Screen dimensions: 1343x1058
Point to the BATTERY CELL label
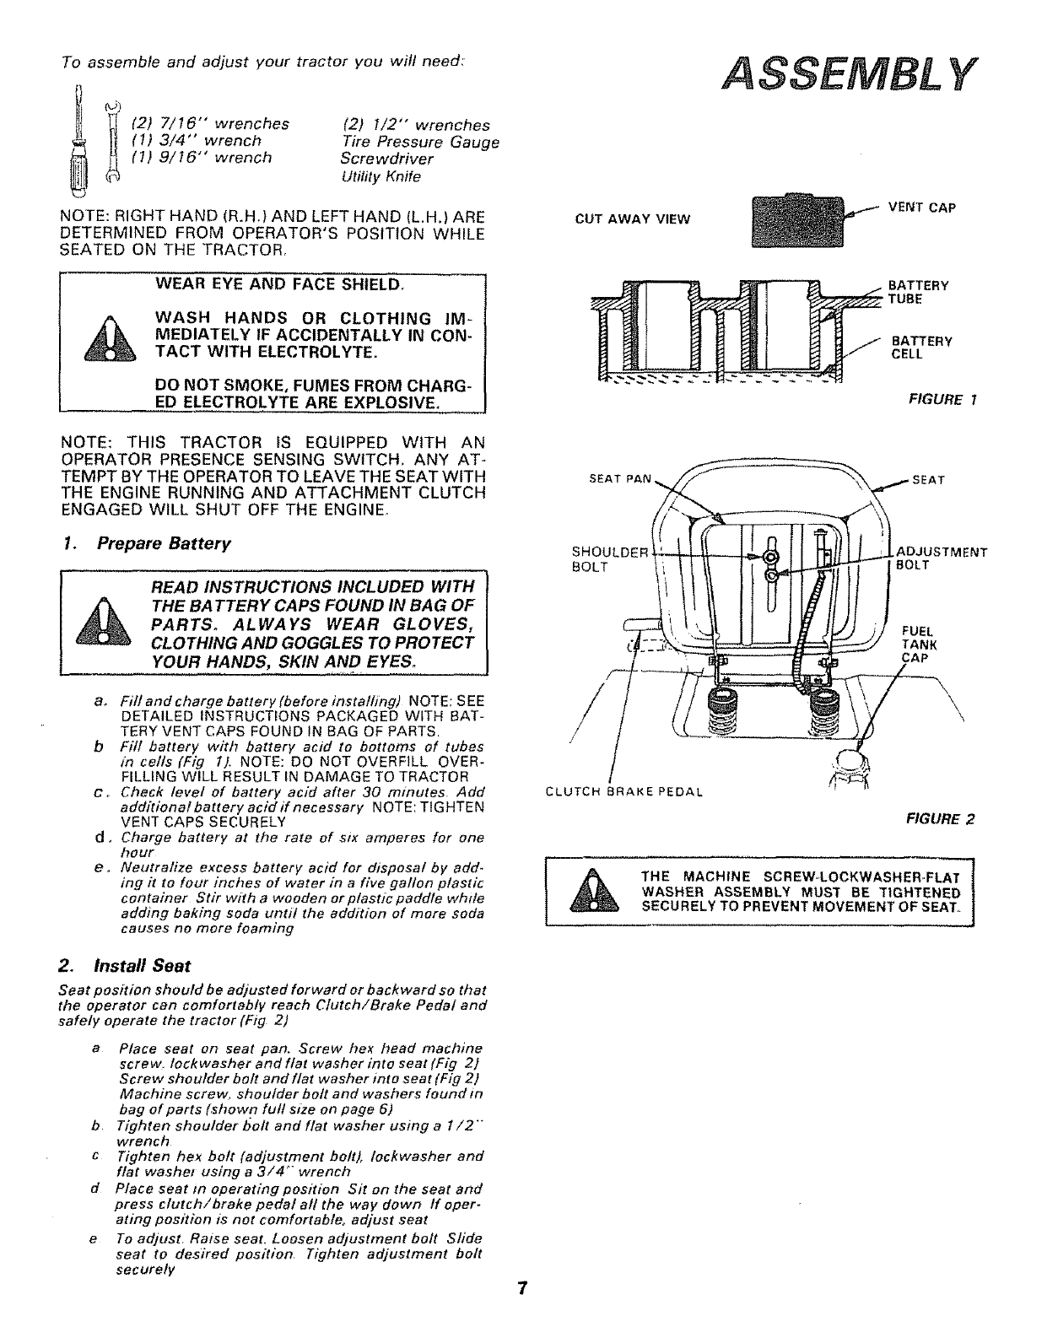click(921, 348)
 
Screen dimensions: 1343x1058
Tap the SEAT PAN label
click(620, 479)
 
